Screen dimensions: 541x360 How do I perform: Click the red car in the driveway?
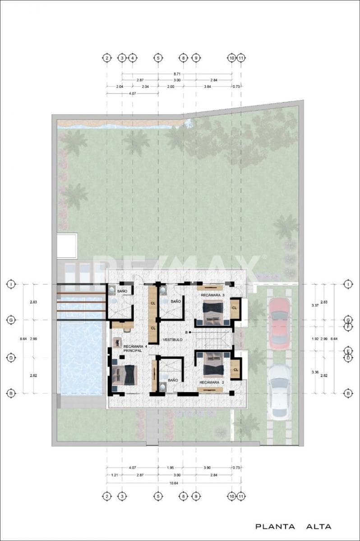tap(280, 323)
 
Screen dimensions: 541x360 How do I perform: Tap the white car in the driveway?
tap(280, 392)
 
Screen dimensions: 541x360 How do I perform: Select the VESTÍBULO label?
tap(172, 339)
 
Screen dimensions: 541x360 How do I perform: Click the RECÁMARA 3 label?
tap(213, 295)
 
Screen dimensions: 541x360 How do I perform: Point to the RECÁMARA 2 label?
tap(212, 382)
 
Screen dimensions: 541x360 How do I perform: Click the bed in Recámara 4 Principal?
tap(125, 375)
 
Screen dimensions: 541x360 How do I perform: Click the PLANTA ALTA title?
tap(293, 526)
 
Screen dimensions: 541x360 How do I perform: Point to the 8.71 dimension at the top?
tap(177, 73)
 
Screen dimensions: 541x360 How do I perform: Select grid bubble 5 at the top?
tap(158, 58)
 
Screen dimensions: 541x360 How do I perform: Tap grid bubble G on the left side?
tap(10, 320)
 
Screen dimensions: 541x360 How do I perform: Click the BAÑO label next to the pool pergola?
tap(122, 292)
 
